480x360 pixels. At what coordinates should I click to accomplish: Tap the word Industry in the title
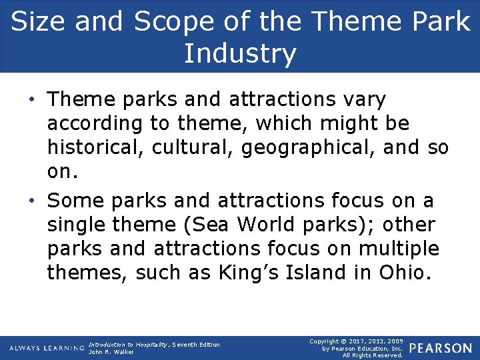pos(240,54)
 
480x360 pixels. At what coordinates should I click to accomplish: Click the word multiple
pos(400,249)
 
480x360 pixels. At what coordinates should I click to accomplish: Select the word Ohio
pos(401,273)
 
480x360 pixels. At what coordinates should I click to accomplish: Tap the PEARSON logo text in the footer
pos(440,348)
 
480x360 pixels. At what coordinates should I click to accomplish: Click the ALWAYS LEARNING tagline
pos(46,349)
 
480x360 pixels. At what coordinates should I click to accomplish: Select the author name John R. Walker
pos(111,352)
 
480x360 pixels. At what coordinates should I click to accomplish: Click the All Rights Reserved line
pos(372,355)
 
